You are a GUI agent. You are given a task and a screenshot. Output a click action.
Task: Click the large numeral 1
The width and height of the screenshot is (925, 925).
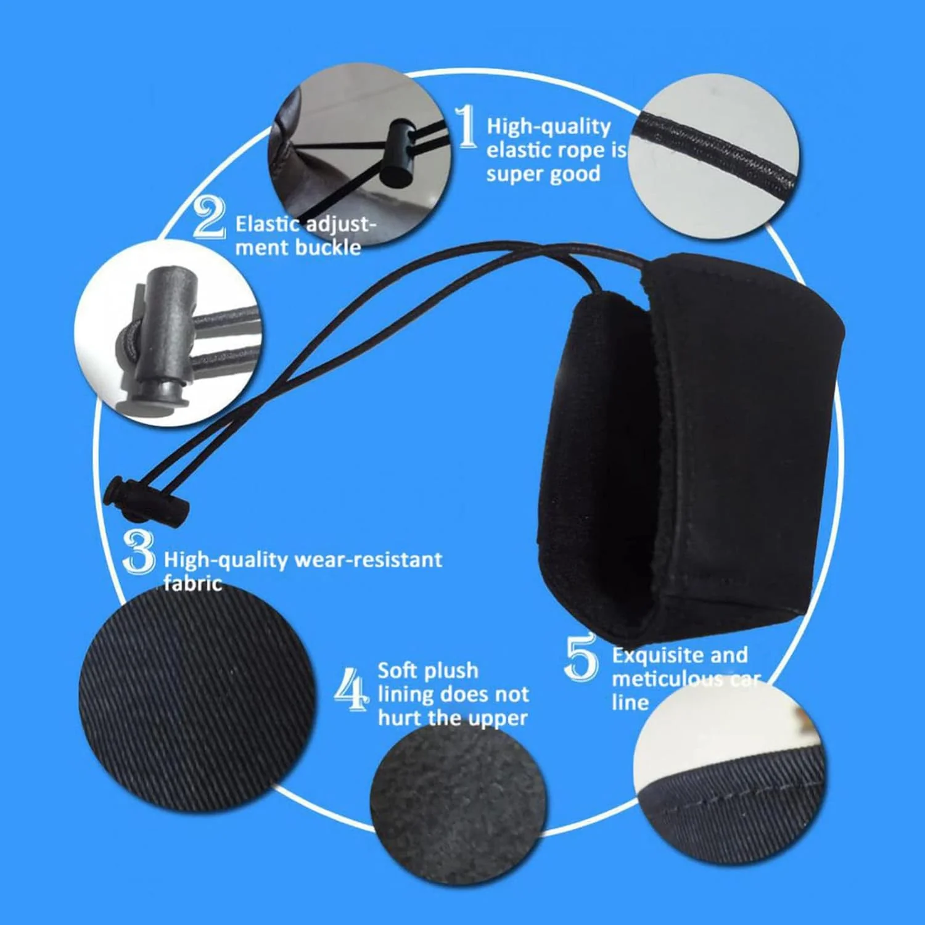(x=466, y=126)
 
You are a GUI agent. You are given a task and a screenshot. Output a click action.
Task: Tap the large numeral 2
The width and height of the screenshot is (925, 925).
(x=209, y=217)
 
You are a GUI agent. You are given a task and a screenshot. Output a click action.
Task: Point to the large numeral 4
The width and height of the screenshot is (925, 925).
(x=351, y=689)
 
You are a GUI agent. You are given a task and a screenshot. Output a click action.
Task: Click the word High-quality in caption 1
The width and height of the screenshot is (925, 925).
(x=549, y=126)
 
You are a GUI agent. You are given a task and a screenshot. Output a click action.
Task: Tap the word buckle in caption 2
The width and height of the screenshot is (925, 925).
(x=328, y=247)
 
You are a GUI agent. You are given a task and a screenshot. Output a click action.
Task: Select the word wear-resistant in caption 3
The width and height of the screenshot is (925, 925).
(x=368, y=560)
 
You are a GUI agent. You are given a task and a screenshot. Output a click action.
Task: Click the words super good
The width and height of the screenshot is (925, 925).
(x=543, y=174)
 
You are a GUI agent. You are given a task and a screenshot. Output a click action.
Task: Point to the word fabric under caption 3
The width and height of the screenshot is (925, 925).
(x=192, y=583)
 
